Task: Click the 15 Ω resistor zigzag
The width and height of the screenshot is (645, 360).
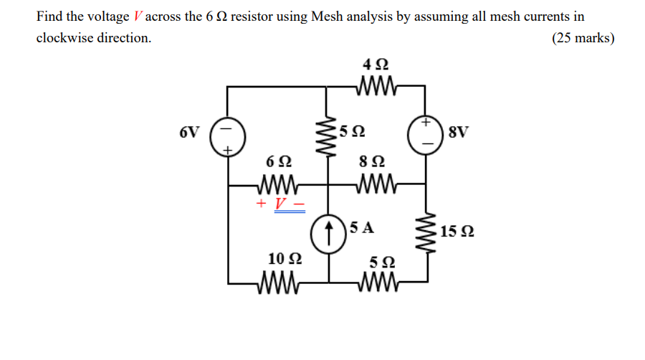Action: click(427, 232)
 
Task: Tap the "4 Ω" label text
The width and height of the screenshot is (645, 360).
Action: click(377, 64)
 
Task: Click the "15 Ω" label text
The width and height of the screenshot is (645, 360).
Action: click(458, 232)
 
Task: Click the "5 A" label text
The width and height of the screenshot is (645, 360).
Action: click(362, 228)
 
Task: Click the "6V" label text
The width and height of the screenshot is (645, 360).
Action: click(189, 132)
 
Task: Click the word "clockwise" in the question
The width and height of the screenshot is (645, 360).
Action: click(66, 38)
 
